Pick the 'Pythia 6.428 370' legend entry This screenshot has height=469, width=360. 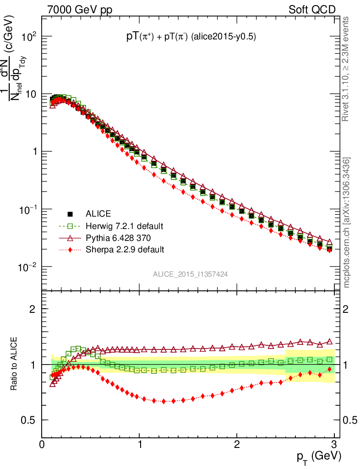[x=119, y=238]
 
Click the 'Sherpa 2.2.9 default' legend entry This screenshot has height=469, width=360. [x=125, y=250]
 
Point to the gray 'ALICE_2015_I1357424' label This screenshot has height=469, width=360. [x=191, y=274]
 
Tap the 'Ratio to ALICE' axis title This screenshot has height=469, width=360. [x=15, y=364]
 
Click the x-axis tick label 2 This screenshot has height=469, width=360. [x=237, y=444]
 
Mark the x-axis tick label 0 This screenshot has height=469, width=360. [x=42, y=444]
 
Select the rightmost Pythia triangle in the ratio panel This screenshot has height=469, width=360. [x=330, y=342]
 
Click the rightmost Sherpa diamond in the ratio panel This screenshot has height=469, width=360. [x=330, y=369]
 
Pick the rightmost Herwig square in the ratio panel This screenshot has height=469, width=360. [x=330, y=360]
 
